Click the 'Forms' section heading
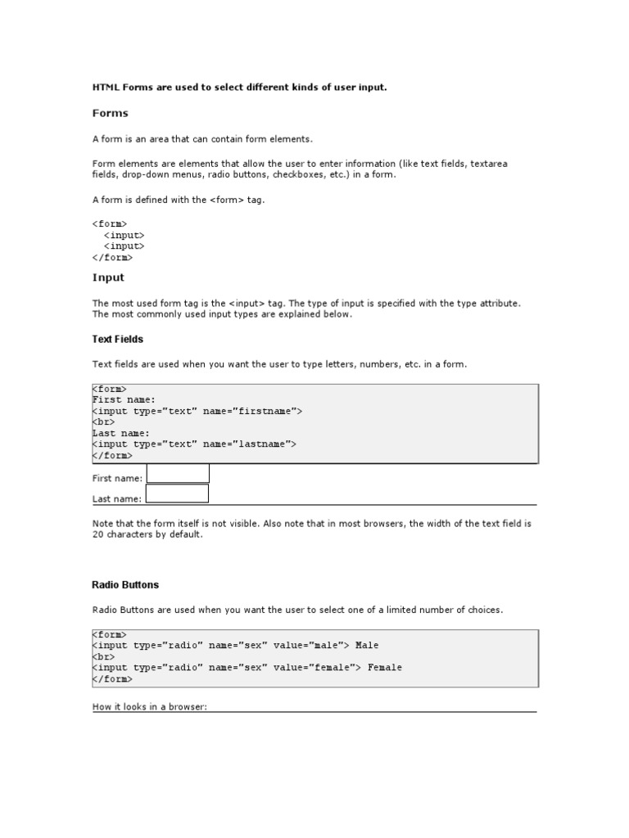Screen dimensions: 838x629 coord(111,113)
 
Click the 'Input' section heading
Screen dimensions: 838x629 coord(108,277)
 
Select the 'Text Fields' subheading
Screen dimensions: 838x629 coord(118,339)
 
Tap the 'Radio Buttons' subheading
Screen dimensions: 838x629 coord(125,585)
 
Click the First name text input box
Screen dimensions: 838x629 coord(178,474)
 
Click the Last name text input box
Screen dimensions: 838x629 coord(177,493)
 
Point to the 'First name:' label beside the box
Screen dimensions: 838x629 coord(117,478)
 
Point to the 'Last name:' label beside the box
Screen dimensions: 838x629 coord(117,498)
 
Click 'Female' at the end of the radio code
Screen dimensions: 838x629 coord(385,668)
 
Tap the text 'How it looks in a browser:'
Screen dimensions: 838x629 coord(151,706)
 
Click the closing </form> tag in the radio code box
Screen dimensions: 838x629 coord(112,678)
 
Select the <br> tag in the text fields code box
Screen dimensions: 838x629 coord(104,422)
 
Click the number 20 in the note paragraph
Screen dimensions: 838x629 coord(98,534)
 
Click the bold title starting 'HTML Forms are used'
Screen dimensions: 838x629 coord(239,87)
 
